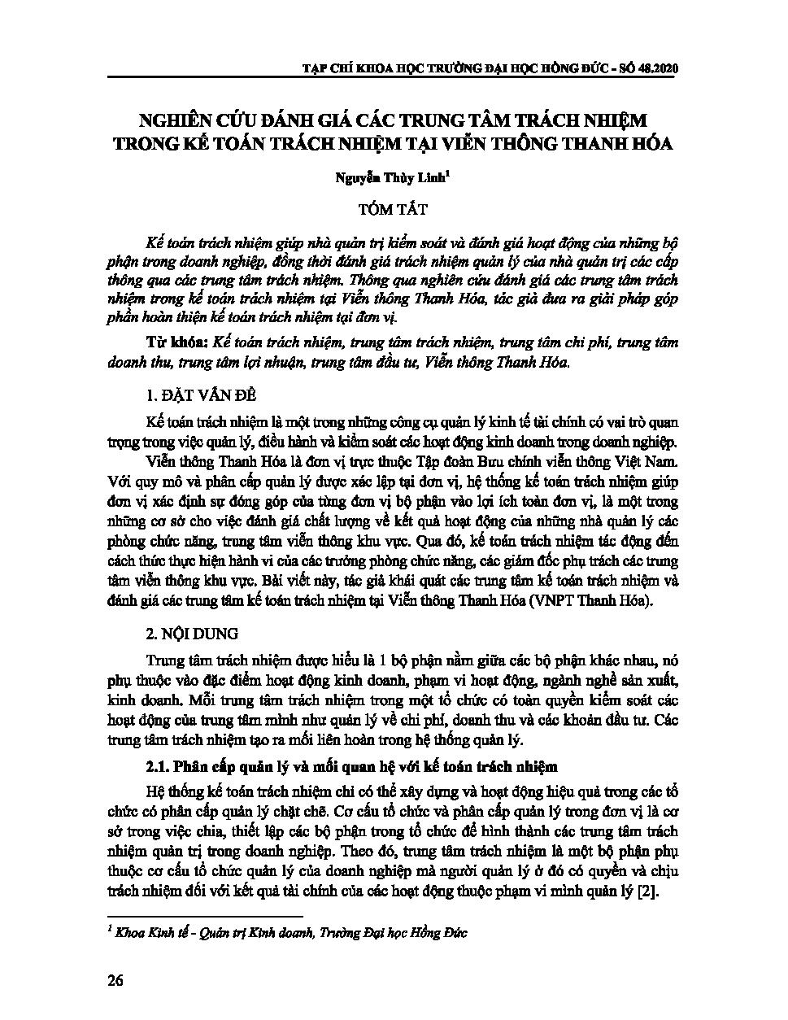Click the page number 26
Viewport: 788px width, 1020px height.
point(115,980)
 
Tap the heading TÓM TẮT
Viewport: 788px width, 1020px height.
point(393,209)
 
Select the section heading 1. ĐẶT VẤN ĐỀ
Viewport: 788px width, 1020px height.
point(200,395)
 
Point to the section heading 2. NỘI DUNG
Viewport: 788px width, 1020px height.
point(192,633)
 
